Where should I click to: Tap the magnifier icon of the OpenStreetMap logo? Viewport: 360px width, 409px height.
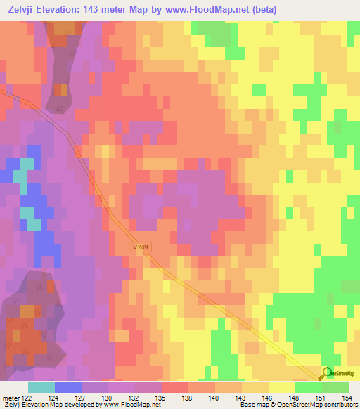(326, 374)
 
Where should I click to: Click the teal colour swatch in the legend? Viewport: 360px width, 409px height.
(41, 387)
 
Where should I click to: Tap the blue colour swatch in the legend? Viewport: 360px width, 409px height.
(68, 387)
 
